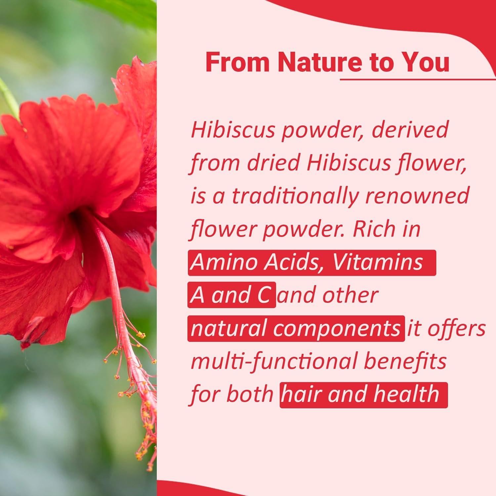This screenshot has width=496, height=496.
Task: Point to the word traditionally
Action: (x=294, y=196)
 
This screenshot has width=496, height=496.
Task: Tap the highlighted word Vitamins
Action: (x=377, y=262)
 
